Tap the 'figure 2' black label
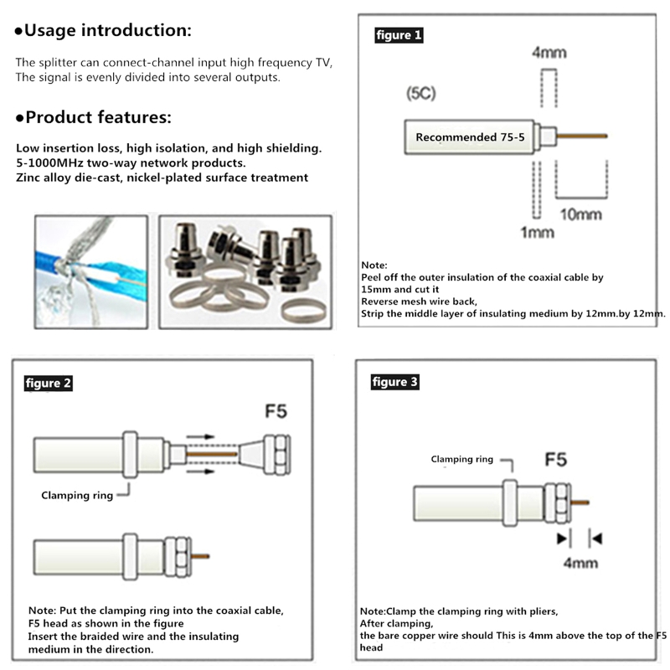tap(49, 384)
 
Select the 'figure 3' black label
tap(394, 382)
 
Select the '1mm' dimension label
tap(537, 232)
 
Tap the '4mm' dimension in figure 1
tap(549, 53)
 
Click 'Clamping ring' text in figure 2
tap(77, 495)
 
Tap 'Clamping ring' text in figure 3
tap(462, 459)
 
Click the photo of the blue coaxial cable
tap(90, 272)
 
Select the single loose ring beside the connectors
tap(302, 311)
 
